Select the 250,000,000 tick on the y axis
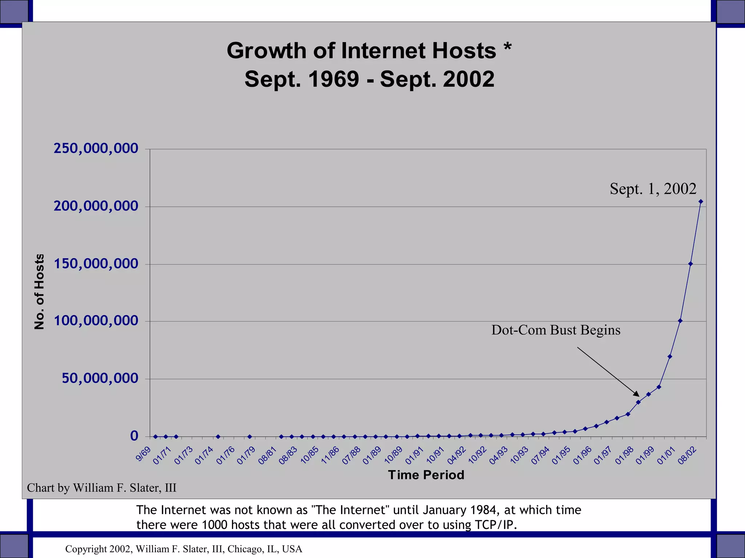tap(96, 148)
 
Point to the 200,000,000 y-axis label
tap(96, 206)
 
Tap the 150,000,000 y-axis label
tap(96, 264)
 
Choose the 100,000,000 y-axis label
tap(96, 321)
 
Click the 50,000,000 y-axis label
tap(100, 378)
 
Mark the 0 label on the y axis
tap(134, 436)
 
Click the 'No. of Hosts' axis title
tap(39, 292)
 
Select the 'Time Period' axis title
tap(426, 475)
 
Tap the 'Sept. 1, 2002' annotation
tap(653, 189)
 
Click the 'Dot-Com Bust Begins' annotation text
tap(556, 330)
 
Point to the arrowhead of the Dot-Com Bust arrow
tap(637, 395)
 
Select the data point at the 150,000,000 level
tap(690, 264)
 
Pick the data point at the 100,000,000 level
tap(680, 321)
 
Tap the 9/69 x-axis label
tap(143, 454)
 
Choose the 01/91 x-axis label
tap(414, 456)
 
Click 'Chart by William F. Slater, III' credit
tap(101, 488)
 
